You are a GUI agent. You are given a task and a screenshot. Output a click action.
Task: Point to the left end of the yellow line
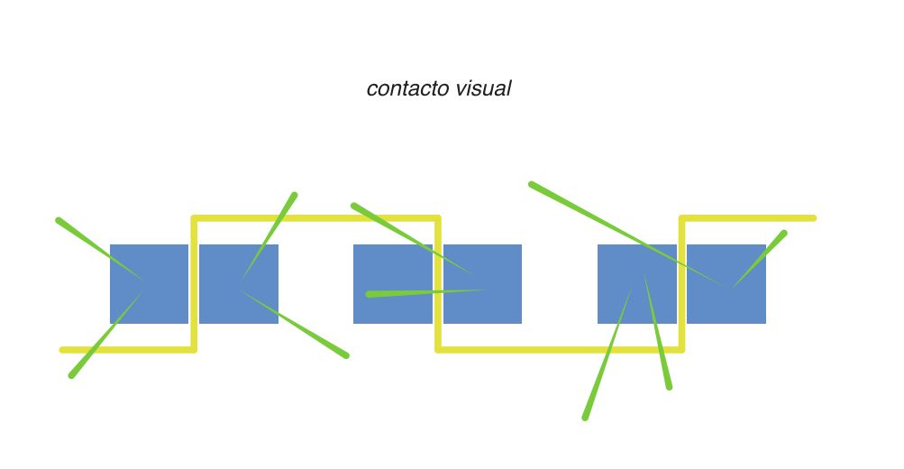pyautogui.click(x=63, y=349)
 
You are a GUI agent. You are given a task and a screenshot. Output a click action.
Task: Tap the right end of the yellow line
pyautogui.click(x=813, y=218)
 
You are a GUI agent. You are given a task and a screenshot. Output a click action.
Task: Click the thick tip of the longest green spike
pyautogui.click(x=532, y=185)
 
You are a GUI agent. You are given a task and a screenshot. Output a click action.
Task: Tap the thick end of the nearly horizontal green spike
pyautogui.click(x=370, y=294)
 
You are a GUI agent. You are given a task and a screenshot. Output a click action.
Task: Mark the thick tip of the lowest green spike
pyautogui.click(x=585, y=418)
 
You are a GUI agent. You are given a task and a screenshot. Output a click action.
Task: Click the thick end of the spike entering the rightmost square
pyautogui.click(x=783, y=234)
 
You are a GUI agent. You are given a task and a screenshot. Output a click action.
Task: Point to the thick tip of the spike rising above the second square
pyautogui.click(x=294, y=195)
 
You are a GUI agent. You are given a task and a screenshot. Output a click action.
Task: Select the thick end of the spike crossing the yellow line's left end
pyautogui.click(x=72, y=374)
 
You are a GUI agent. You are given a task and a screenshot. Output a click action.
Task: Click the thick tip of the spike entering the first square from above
pyautogui.click(x=59, y=220)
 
